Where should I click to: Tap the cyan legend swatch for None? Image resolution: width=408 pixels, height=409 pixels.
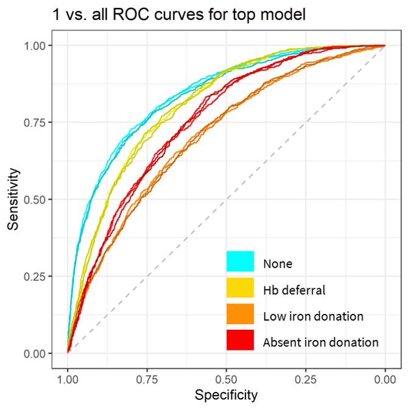(240, 261)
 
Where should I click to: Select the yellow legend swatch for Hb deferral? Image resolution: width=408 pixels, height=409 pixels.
(240, 288)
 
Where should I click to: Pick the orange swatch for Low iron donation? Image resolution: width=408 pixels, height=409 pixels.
(240, 315)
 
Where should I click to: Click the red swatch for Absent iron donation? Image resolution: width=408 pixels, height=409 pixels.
(240, 341)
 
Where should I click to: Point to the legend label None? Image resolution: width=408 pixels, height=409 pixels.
(278, 264)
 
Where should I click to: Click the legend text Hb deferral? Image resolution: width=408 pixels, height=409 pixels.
(294, 290)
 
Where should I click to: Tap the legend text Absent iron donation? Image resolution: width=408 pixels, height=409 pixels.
(320, 343)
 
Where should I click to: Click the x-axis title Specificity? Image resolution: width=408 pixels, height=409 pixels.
(226, 395)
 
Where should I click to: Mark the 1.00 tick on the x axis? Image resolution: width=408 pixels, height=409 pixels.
(68, 378)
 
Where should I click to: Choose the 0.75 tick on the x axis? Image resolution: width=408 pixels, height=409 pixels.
(147, 378)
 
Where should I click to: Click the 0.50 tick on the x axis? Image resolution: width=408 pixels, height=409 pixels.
(226, 378)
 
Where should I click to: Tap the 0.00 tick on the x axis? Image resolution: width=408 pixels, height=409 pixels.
(385, 378)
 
